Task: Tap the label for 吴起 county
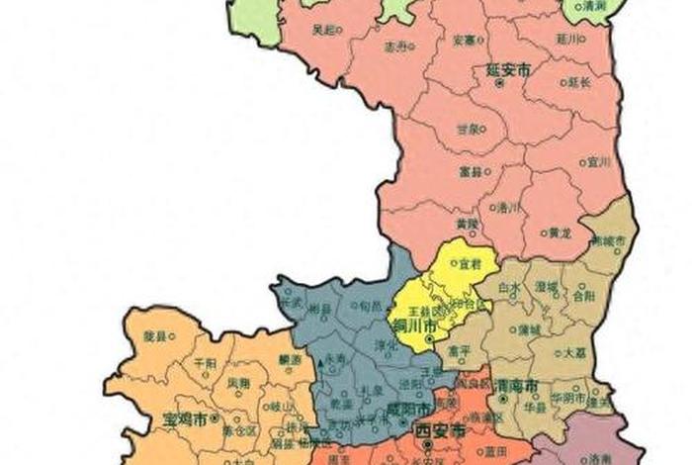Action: pyautogui.click(x=323, y=30)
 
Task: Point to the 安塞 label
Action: pyautogui.click(x=464, y=41)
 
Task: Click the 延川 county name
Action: pyautogui.click(x=566, y=41)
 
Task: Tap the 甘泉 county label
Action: pyautogui.click(x=468, y=129)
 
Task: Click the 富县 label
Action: pyautogui.click(x=471, y=171)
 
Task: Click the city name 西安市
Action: pyautogui.click(x=438, y=433)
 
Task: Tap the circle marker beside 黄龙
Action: pyautogui.click(x=544, y=233)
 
